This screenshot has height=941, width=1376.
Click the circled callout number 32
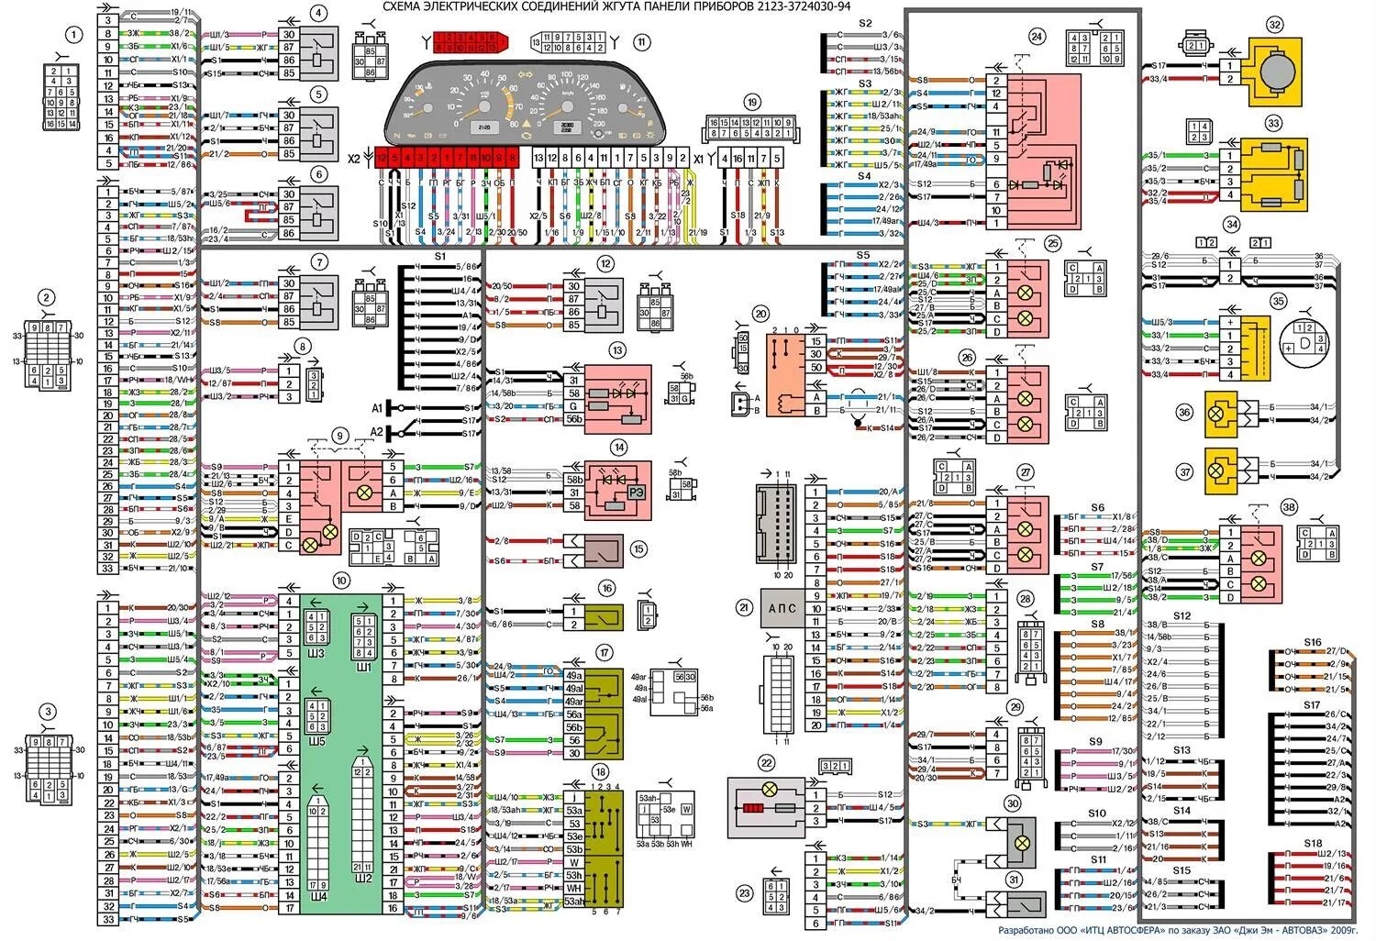pos(1274,25)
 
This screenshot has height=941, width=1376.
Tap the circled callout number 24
pos(1037,37)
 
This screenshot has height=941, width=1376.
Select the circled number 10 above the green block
pos(341,581)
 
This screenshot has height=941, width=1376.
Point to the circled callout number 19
pos(752,103)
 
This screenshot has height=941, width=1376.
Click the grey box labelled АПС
pos(781,608)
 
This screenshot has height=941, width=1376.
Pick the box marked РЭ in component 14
pos(636,493)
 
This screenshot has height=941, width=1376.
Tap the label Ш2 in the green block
pos(363,878)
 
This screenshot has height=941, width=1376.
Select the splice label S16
pos(1313,643)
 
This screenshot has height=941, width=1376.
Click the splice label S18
pos(1313,843)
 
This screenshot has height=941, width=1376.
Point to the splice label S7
pos(1097,567)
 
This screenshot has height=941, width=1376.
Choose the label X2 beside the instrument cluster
pos(354,158)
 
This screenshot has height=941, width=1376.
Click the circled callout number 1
pos(72,35)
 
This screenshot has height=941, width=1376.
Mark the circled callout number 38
pos(1289,507)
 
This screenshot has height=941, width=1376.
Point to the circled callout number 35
pos(1278,300)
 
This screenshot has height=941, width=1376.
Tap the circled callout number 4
pos(317,13)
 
